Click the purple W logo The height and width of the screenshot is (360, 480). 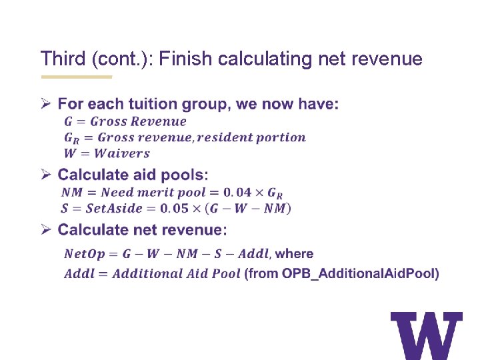(x=426, y=335)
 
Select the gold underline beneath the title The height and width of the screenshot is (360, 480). (x=76, y=77)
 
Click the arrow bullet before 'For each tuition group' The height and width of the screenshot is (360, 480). (x=46, y=104)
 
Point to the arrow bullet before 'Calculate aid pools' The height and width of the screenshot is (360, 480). (x=46, y=175)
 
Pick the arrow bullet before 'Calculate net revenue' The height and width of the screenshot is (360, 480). (x=46, y=230)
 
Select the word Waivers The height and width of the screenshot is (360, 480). (x=122, y=153)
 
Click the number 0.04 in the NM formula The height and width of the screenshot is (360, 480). (x=237, y=193)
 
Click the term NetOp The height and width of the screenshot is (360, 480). (x=83, y=254)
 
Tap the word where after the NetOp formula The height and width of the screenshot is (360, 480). (x=294, y=254)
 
